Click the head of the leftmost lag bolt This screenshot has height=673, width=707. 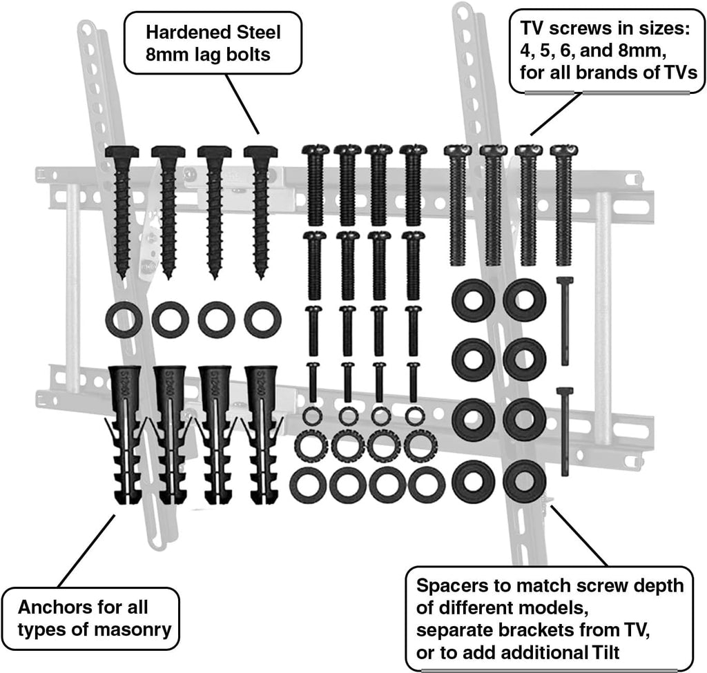[122, 153]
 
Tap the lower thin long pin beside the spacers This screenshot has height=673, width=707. [565, 431]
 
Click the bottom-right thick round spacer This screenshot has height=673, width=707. [524, 481]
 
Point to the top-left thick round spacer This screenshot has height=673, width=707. [473, 300]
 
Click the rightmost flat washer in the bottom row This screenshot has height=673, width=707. [426, 485]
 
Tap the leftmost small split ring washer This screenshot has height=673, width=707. [311, 416]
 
